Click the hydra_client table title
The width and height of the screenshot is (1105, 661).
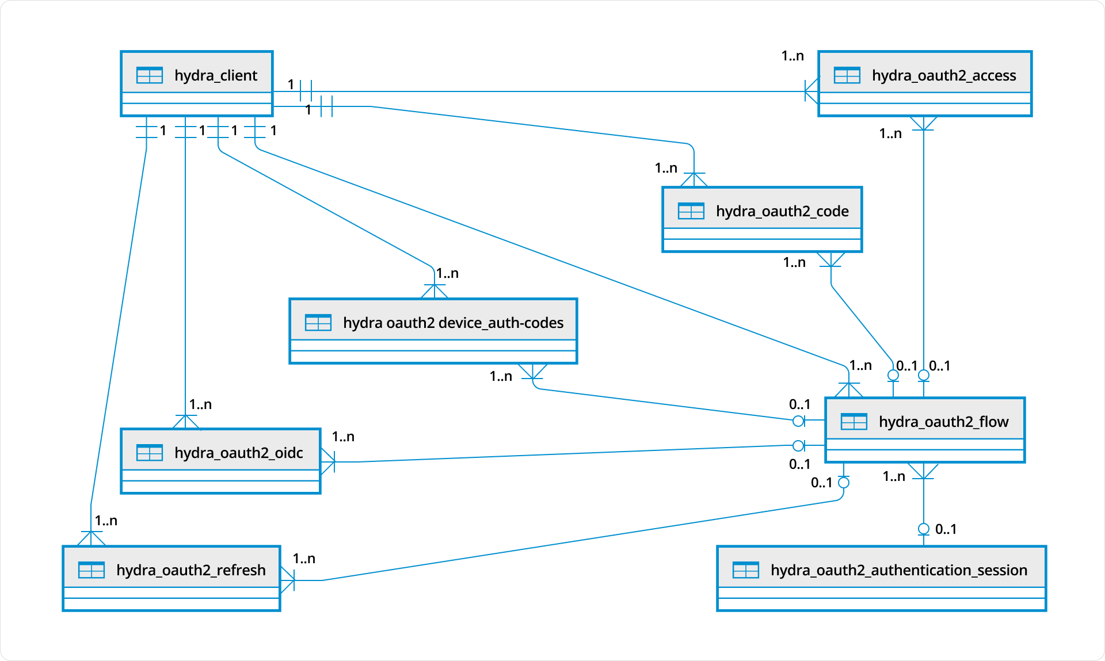tap(215, 75)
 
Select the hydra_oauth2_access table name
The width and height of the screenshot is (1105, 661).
tap(943, 75)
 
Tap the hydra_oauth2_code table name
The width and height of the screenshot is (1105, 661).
tap(782, 211)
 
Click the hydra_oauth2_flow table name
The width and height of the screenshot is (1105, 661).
tap(943, 422)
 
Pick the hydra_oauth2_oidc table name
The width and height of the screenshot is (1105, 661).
tap(238, 453)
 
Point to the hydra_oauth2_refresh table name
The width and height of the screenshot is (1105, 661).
tap(190, 570)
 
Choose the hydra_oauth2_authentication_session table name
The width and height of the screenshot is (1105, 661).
tap(898, 570)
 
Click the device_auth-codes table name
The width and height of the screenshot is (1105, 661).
tap(453, 323)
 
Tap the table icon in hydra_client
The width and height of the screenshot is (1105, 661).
tap(150, 75)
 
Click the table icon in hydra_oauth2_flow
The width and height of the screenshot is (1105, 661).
tap(853, 422)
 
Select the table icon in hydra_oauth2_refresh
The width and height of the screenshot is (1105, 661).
tap(92, 570)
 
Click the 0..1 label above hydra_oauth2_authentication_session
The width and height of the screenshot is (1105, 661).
tap(946, 529)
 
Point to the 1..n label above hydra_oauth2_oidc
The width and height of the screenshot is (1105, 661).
tap(200, 404)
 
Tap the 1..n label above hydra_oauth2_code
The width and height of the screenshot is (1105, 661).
tap(666, 168)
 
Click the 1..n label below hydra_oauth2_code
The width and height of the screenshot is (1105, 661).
tap(794, 262)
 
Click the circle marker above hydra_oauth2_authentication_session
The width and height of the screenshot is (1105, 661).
tap(923, 529)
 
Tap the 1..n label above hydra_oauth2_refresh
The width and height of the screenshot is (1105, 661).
tap(106, 521)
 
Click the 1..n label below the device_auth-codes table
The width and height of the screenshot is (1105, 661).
tap(501, 376)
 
